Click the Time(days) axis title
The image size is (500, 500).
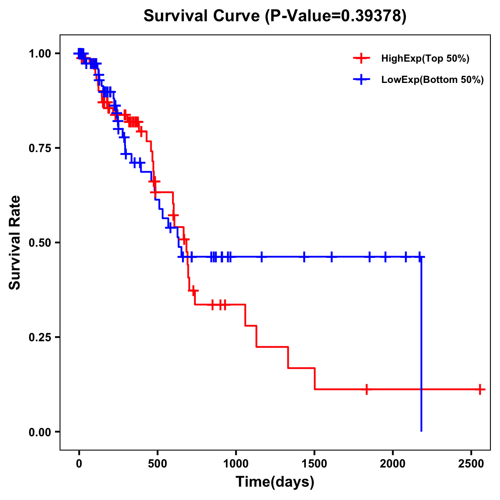(275, 482)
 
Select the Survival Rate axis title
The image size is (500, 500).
(15, 242)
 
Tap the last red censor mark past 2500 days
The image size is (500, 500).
(480, 390)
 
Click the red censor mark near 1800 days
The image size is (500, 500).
(366, 390)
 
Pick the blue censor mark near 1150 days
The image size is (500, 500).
(262, 257)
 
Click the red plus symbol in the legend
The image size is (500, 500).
(361, 59)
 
